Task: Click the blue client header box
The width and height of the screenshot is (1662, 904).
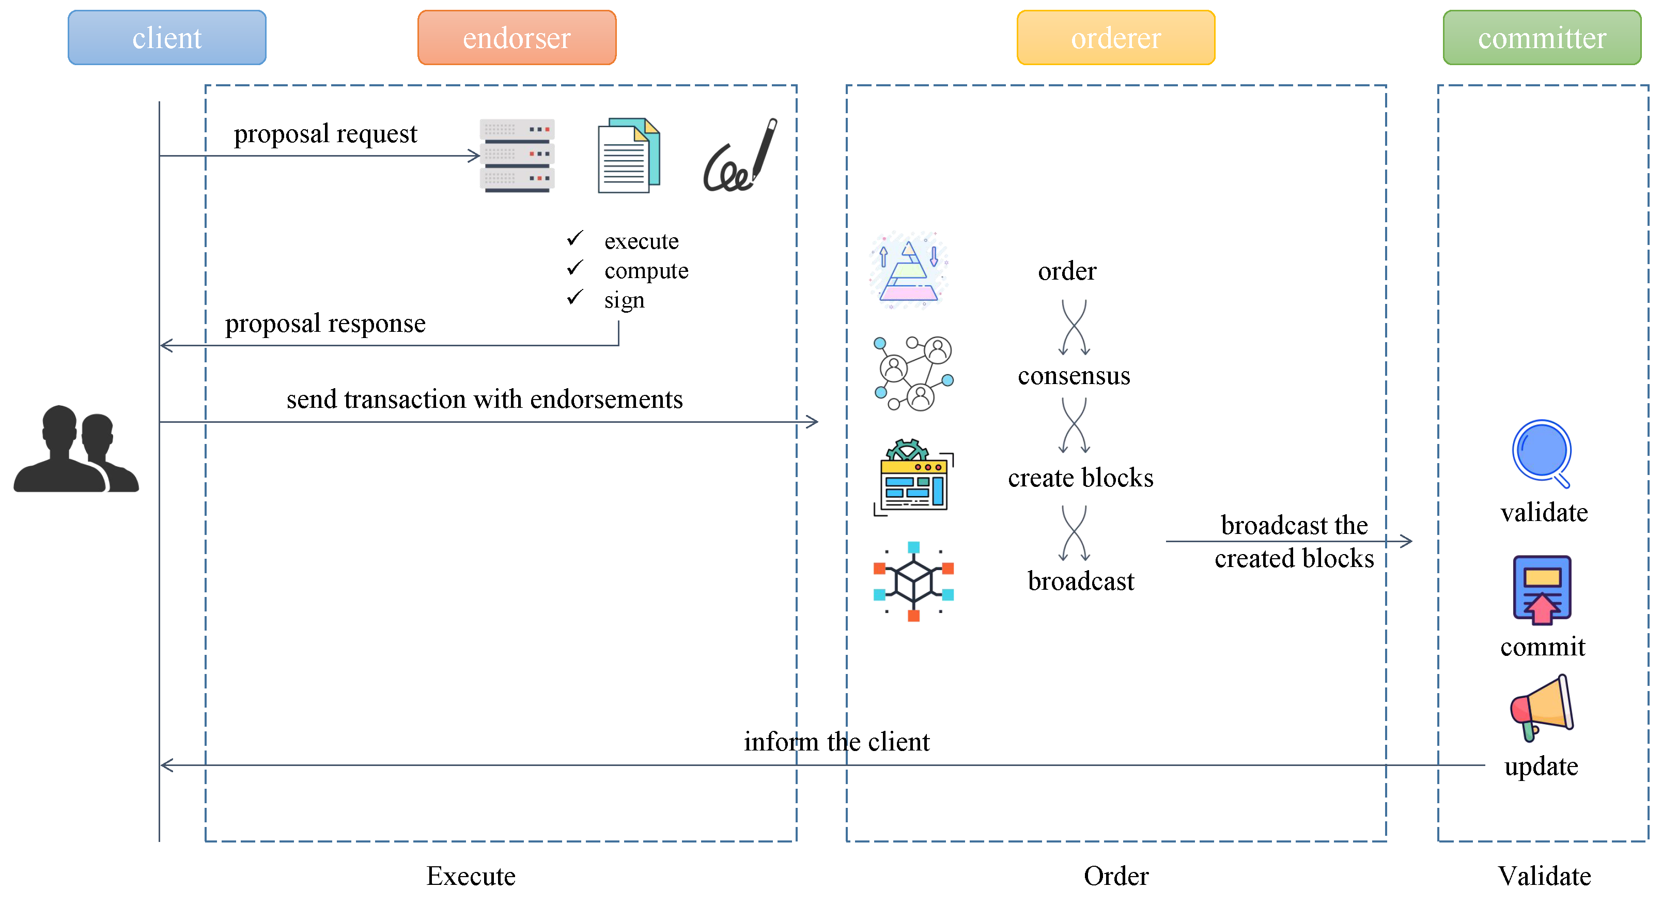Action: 166,37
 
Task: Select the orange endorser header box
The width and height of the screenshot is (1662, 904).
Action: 516,37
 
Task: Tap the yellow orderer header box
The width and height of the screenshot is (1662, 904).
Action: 1115,37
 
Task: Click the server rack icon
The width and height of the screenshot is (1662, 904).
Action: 517,155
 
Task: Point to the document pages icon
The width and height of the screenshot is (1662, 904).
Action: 628,155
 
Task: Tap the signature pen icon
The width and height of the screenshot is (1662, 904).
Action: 740,156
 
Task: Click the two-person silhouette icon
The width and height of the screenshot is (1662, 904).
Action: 76,449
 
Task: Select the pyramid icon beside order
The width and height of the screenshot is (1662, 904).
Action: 908,270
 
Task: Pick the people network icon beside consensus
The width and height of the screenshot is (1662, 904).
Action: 913,373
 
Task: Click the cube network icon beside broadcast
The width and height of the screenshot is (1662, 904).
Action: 913,581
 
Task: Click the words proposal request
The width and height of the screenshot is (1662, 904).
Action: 325,133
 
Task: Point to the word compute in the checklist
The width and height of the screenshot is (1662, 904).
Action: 646,270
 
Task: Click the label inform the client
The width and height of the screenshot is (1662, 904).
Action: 836,741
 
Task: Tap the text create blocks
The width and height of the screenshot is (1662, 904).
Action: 1080,478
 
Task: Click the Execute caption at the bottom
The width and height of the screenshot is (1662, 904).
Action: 470,876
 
